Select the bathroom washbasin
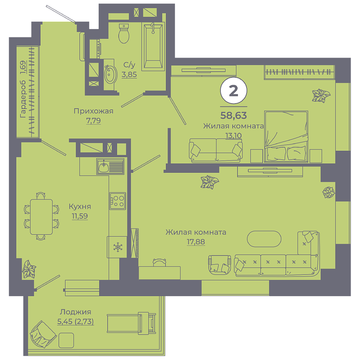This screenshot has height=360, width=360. [x=110, y=74]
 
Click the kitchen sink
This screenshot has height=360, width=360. [x=111, y=166]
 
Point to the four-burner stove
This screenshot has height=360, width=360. [x=118, y=201]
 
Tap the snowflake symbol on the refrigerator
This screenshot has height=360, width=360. [x=118, y=247]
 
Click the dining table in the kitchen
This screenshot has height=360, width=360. [x=41, y=217]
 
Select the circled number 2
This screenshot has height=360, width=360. [x=233, y=91]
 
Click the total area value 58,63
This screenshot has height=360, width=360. [x=233, y=115]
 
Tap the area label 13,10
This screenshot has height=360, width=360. [x=233, y=136]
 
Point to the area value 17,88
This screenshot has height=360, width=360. [x=196, y=242]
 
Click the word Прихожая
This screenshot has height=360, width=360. [x=93, y=111]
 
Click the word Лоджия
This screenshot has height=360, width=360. [x=75, y=312]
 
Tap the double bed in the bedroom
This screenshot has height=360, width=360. [x=286, y=137]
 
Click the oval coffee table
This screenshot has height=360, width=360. [x=264, y=239]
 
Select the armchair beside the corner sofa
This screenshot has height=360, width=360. [x=220, y=265]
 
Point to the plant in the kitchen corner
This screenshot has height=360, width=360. [x=29, y=269]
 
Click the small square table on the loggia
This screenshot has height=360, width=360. [x=66, y=340]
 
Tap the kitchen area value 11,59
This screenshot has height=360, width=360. [x=80, y=216]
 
